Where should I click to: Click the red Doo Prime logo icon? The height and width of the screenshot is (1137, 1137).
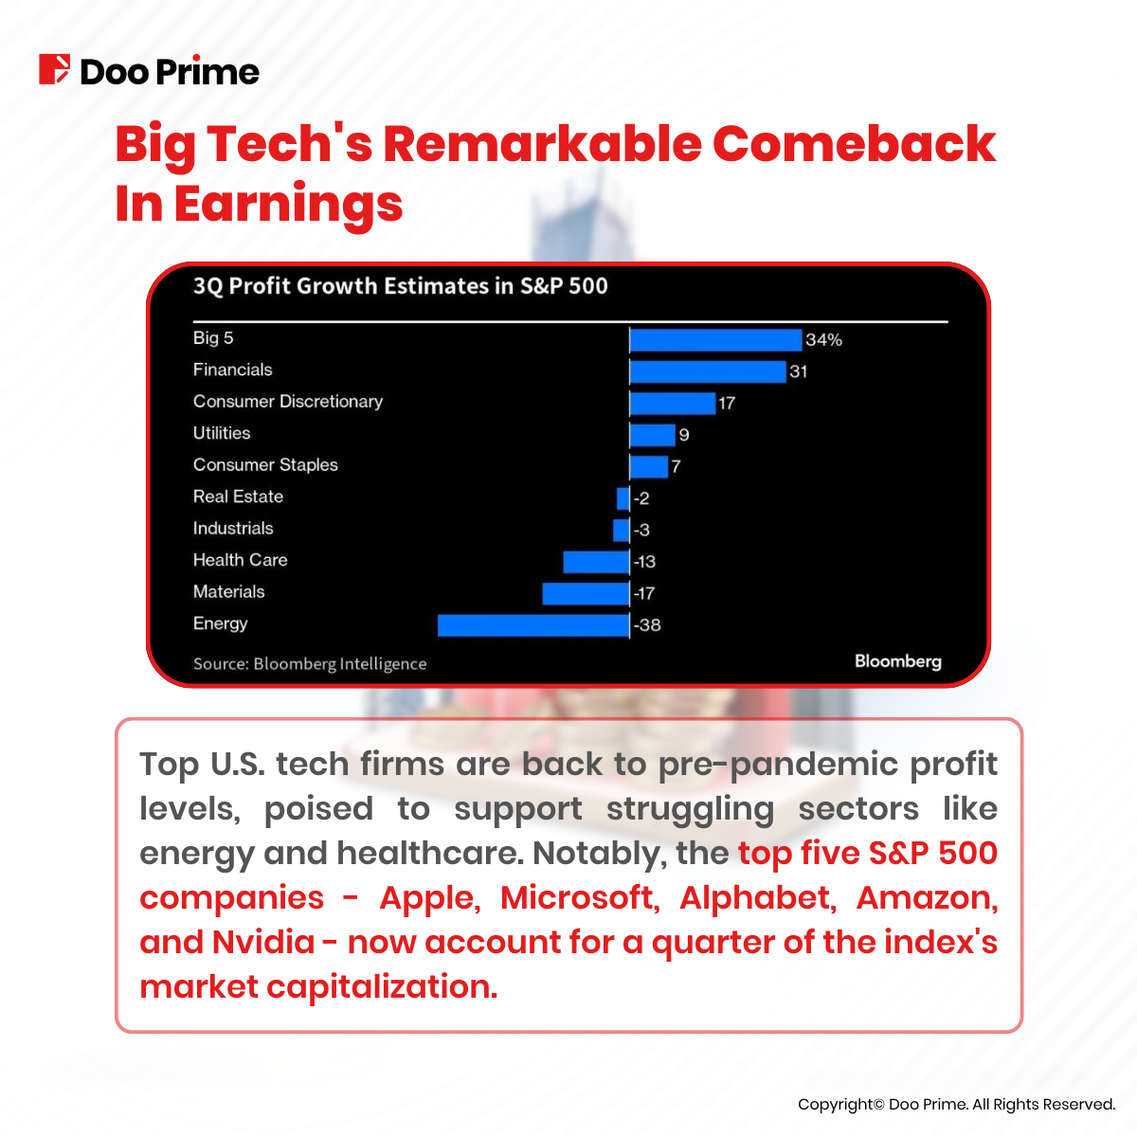point(54,70)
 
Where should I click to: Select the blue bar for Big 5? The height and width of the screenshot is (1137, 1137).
point(715,340)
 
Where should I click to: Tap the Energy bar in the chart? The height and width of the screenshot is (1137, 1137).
point(533,625)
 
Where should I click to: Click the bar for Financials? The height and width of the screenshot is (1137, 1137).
point(708,371)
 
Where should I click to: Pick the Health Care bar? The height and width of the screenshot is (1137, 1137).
point(596,562)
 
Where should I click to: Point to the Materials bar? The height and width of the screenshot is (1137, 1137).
point(586,594)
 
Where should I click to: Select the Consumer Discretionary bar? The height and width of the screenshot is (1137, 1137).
point(673,404)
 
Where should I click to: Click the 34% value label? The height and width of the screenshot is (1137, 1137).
point(823,340)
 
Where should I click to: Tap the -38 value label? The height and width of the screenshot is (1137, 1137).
point(647,625)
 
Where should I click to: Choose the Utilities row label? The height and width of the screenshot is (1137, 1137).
point(222,433)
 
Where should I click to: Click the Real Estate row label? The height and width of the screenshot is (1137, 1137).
point(238,496)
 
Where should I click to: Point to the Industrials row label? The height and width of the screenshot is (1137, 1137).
point(233,529)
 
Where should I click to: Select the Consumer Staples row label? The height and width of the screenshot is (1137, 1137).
point(265,465)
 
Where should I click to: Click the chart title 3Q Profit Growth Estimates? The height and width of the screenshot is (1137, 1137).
point(400,286)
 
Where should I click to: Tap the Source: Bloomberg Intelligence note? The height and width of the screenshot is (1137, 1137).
point(310,664)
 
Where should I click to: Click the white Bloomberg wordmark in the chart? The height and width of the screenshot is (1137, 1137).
point(897,661)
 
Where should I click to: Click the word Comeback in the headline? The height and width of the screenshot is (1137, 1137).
point(853,144)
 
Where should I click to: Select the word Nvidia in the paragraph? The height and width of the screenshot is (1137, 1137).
point(263,943)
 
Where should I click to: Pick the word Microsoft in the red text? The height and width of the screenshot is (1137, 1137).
point(577,898)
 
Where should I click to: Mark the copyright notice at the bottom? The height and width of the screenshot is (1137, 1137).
point(956,1105)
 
